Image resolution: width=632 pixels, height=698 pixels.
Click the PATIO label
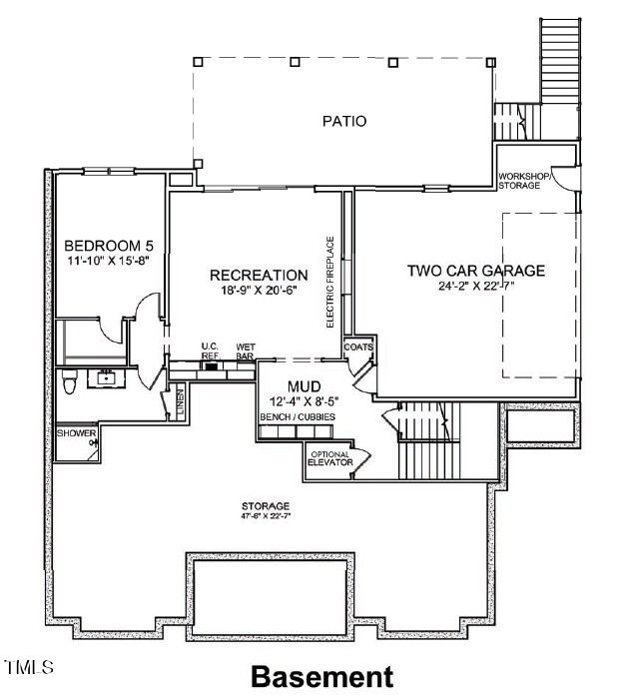click(x=344, y=122)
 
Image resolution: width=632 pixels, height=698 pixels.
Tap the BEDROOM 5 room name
click(x=103, y=247)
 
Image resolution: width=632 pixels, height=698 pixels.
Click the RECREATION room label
click(x=258, y=276)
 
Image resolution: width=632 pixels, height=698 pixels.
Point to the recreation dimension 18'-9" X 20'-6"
click(x=258, y=293)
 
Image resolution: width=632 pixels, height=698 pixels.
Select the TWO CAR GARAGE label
click(x=475, y=271)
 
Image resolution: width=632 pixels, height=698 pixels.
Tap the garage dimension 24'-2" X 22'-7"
click(x=475, y=287)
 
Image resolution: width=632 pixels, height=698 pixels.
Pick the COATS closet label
click(x=357, y=348)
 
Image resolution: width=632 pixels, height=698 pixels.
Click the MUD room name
click(x=304, y=386)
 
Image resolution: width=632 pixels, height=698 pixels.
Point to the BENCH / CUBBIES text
click(x=298, y=416)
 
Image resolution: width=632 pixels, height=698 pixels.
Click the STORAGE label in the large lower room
click(x=266, y=506)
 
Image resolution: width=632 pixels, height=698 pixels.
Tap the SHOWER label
click(x=76, y=433)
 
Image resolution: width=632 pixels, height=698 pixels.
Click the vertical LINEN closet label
click(x=181, y=403)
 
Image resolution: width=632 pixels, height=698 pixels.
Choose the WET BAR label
click(x=245, y=350)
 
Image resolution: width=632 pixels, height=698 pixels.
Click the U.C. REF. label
click(x=210, y=350)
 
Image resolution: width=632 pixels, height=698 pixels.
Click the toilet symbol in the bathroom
click(x=69, y=381)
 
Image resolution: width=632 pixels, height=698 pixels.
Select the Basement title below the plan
click(x=321, y=677)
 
